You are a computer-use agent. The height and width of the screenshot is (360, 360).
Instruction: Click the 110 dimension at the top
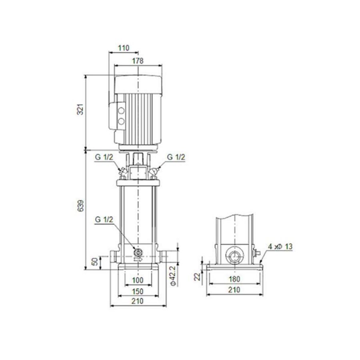(124, 48)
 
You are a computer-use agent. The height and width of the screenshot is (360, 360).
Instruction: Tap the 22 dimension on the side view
(197, 277)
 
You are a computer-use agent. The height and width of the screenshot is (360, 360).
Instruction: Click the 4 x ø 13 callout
(280, 247)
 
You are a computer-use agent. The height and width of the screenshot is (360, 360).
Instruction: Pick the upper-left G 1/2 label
(103, 157)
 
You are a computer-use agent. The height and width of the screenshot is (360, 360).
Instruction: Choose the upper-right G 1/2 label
(176, 157)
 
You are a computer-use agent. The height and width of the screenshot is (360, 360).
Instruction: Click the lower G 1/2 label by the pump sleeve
(104, 219)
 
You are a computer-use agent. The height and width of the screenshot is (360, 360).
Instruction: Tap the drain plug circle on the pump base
(138, 252)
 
